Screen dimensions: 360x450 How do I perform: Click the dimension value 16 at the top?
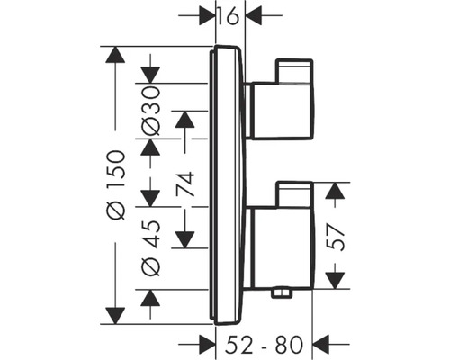coord(231,14)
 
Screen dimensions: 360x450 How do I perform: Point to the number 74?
coord(185,184)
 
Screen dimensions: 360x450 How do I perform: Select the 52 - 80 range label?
coord(265,343)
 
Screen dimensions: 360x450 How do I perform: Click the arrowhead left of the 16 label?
coord(206,15)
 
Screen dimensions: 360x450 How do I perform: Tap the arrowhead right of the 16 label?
coord(255,15)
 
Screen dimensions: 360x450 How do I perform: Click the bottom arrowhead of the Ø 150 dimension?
coord(113,314)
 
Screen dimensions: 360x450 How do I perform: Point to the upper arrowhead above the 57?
coord(335,192)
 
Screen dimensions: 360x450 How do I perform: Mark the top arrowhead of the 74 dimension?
coord(185,120)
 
